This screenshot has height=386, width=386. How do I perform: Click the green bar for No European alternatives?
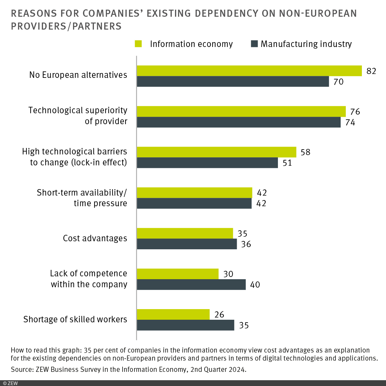point(249,71)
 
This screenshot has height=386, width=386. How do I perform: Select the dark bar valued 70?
point(233,82)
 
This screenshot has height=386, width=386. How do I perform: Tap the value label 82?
point(371,71)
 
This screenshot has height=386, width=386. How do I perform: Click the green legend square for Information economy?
point(138,44)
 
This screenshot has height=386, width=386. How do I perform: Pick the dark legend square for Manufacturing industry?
point(254,44)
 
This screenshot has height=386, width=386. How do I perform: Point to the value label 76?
point(355,112)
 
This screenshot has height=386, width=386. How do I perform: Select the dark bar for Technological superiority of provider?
point(239,122)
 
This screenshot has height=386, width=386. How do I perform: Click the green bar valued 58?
point(216,152)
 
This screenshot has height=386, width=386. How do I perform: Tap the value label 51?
point(287,163)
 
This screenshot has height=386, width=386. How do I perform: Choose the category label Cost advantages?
point(95,238)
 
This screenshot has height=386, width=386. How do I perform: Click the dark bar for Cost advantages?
point(187,244)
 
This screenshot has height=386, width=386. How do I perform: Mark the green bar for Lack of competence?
point(178,274)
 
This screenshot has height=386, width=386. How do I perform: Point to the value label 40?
point(255,285)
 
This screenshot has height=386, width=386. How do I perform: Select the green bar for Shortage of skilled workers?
point(173,315)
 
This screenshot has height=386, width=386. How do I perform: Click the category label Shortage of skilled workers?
point(75,319)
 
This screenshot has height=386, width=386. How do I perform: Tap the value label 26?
point(219,315)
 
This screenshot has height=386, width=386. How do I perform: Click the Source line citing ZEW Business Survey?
point(129,370)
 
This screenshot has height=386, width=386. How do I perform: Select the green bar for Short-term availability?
point(194,193)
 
